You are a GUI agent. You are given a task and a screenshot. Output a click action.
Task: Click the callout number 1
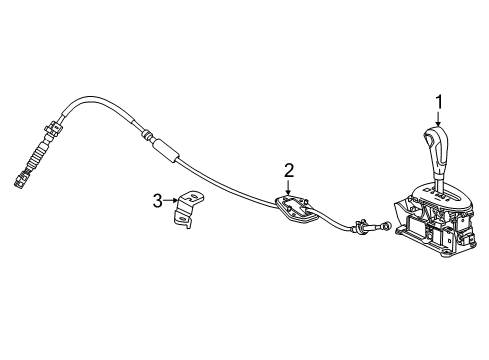pyautogui.click(x=436, y=100)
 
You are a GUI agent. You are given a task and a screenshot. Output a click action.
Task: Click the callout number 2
pyautogui.click(x=288, y=171)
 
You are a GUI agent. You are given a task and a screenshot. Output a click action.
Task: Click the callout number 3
pyautogui.click(x=157, y=201)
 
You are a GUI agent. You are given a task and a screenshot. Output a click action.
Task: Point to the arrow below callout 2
pyautogui.click(x=288, y=190)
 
